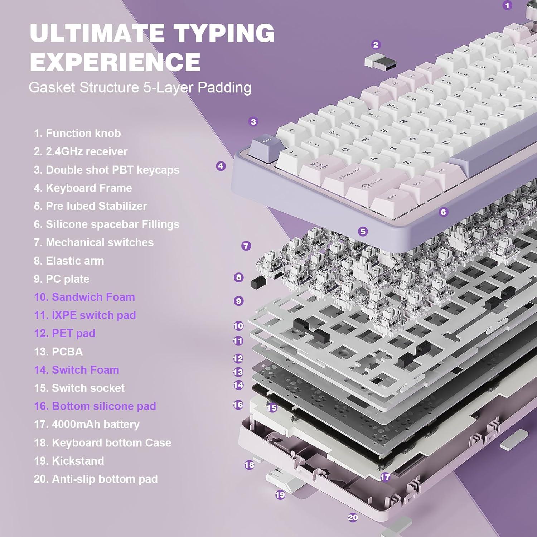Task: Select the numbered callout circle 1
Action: [507, 5]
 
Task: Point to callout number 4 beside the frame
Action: [221, 166]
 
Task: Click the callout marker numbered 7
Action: [246, 246]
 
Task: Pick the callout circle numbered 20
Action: [353, 517]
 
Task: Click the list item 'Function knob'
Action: [77, 134]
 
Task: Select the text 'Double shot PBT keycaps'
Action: [106, 170]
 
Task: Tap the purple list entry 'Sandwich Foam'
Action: [84, 297]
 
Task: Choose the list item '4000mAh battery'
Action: [87, 424]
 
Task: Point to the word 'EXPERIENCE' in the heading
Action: [115, 62]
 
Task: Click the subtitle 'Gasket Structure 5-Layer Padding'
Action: [140, 88]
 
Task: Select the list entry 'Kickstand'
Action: [69, 461]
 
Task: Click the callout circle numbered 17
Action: [385, 477]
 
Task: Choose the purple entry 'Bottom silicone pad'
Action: [95, 406]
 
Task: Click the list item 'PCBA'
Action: [58, 352]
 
